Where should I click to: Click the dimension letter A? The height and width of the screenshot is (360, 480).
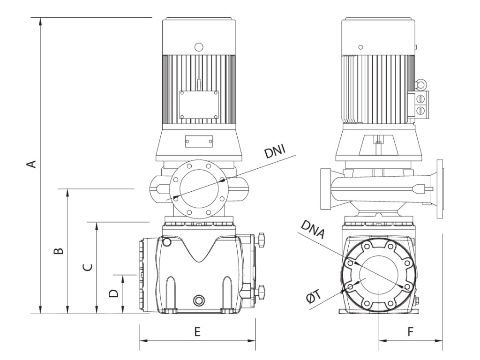(31, 164)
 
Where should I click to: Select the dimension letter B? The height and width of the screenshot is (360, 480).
(58, 251)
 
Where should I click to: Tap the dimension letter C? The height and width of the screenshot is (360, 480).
(87, 267)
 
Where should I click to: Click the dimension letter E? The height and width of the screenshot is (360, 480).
(197, 332)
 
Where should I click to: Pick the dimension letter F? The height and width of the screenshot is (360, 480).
(410, 332)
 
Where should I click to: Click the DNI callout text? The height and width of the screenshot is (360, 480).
(275, 153)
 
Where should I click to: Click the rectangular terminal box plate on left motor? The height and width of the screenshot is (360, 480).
(199, 104)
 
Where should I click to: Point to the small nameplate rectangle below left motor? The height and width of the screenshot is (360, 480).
(199, 142)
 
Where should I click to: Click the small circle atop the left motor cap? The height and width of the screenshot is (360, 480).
(199, 47)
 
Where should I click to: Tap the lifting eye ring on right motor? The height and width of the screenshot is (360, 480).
(420, 84)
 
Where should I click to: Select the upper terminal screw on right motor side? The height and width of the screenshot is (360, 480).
(420, 99)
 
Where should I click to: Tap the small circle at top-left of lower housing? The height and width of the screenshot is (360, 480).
(166, 242)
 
